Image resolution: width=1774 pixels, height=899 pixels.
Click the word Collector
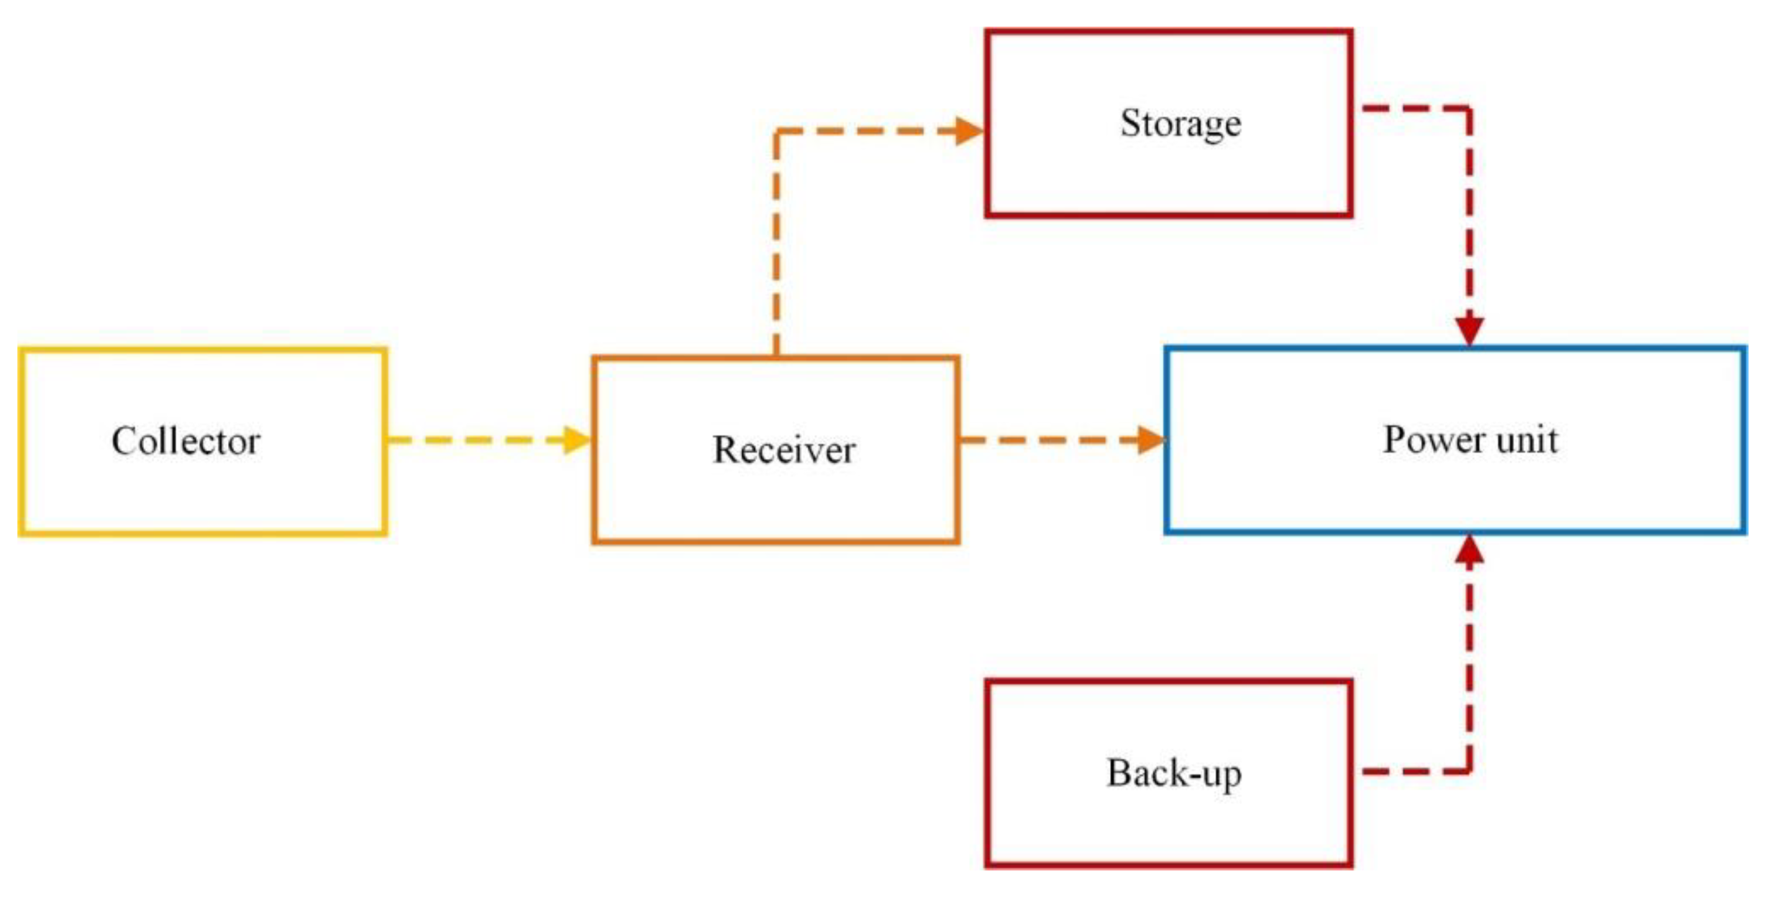coord(186,441)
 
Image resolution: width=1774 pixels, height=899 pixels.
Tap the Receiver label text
coord(784,451)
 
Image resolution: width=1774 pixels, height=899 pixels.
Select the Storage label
coord(1180,124)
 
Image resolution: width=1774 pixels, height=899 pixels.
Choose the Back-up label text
coord(1173,774)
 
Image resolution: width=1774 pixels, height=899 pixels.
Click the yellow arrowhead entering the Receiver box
coord(577,440)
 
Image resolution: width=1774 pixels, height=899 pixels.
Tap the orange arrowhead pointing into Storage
coord(969,131)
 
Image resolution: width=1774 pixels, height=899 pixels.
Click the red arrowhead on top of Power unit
coord(1470,330)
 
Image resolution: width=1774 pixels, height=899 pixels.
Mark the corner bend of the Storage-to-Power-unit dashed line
coord(1469,109)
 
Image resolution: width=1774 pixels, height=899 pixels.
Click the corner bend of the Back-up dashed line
coord(1469,771)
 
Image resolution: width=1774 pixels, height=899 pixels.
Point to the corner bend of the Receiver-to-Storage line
coord(777,132)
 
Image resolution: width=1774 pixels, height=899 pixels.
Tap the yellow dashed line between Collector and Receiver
coord(475,440)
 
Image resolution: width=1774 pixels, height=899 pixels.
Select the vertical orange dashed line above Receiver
coord(777,241)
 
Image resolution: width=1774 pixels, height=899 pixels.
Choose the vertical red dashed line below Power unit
coord(1470,661)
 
